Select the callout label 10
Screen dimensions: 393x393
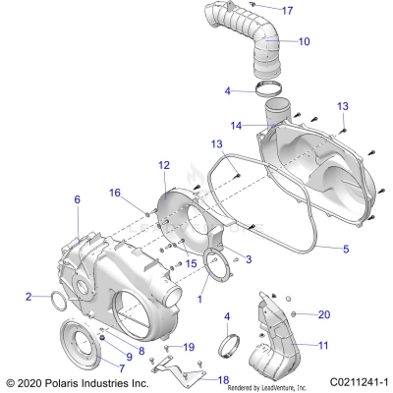click(x=305, y=42)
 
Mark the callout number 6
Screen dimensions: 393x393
click(x=77, y=200)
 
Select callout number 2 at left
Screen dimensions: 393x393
click(x=28, y=295)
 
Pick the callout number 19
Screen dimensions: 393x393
click(x=190, y=347)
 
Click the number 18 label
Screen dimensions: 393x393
click(x=223, y=379)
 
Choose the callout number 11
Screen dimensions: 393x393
click(x=324, y=345)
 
